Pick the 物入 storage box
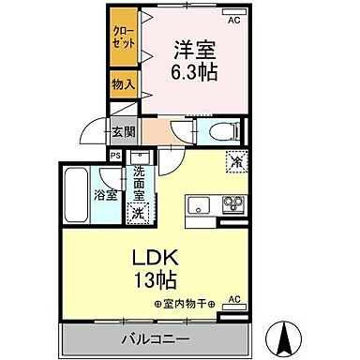[123, 84]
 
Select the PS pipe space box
[116, 157]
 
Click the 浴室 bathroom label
[105, 195]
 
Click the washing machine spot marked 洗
[139, 212]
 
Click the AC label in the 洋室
[234, 18]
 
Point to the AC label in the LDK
[234, 300]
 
